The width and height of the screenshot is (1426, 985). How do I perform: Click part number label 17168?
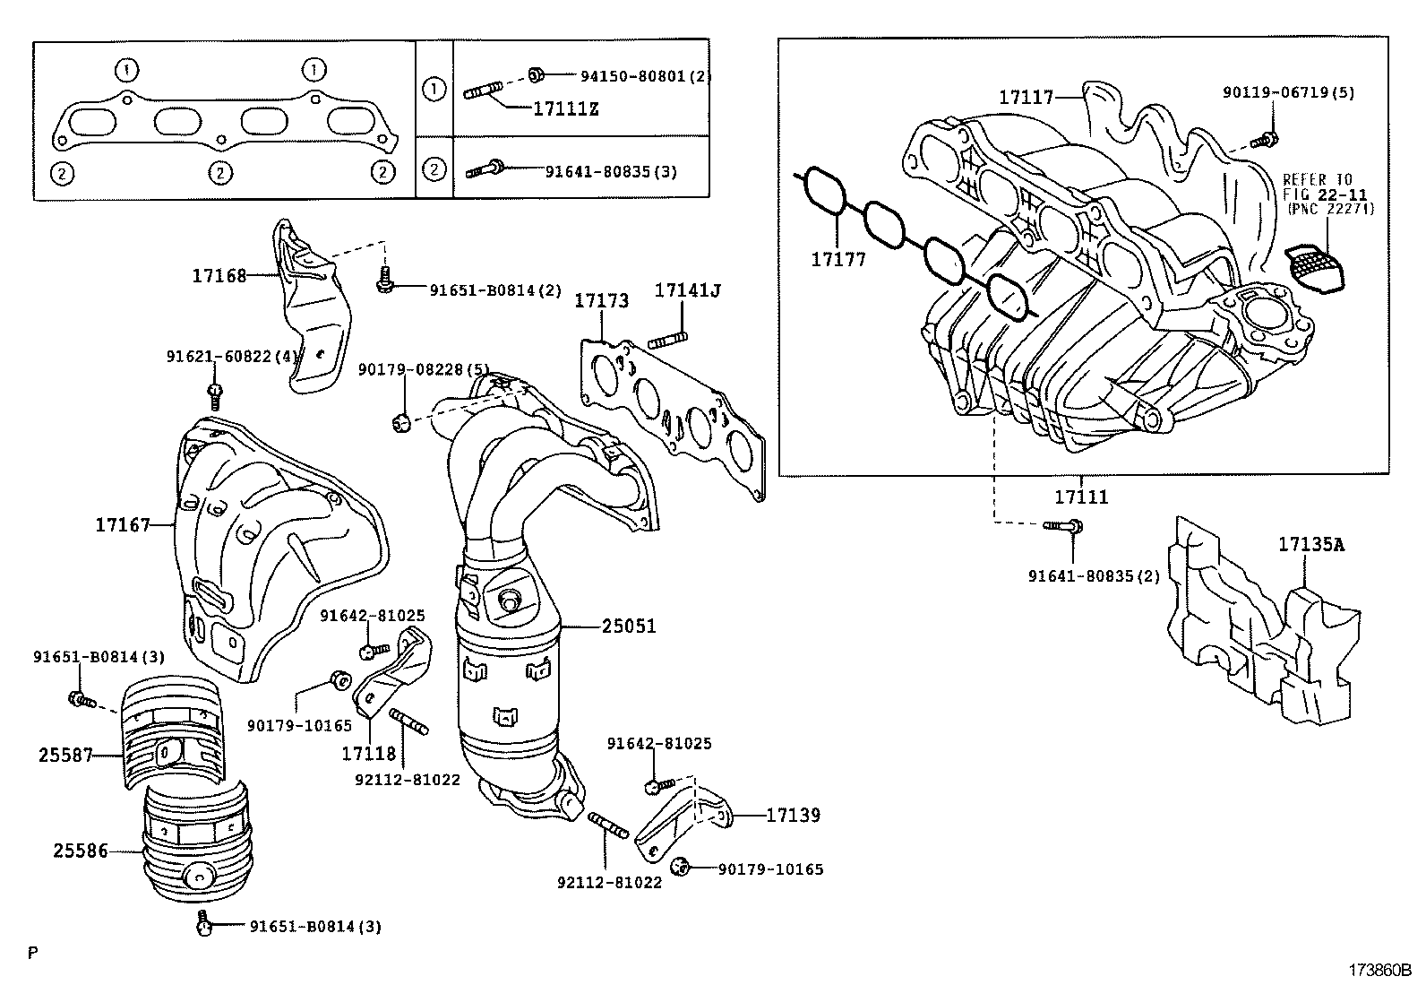tap(219, 276)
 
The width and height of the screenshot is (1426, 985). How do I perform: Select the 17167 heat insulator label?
tap(123, 524)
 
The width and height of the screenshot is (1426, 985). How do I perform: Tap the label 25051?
tap(629, 626)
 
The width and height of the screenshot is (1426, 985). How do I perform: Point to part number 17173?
tap(601, 300)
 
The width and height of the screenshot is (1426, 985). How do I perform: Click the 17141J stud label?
tap(688, 290)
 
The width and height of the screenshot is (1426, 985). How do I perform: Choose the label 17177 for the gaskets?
tap(838, 260)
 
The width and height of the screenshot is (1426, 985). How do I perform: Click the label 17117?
tap(1027, 97)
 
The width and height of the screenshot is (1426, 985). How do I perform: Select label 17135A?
tap(1311, 544)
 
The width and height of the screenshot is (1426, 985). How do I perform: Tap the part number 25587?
tap(65, 755)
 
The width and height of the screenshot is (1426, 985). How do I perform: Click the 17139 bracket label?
tap(793, 816)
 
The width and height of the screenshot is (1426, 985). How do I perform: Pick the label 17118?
tap(368, 754)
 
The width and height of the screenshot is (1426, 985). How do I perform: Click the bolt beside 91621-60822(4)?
tap(215, 392)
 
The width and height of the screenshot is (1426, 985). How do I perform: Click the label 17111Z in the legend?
tap(565, 110)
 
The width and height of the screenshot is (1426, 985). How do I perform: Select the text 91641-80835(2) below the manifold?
tap(1094, 575)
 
